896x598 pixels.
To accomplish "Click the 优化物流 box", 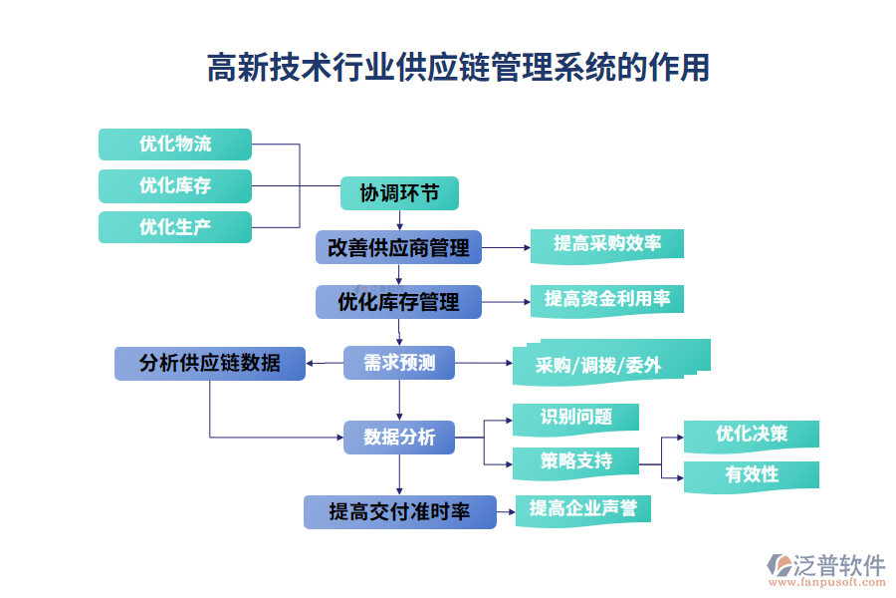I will (x=175, y=145).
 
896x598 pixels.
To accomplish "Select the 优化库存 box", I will (x=175, y=186).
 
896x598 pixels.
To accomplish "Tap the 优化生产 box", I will (x=175, y=227).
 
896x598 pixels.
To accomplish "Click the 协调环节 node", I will (x=399, y=193).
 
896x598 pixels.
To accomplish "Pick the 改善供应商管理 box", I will (x=398, y=248).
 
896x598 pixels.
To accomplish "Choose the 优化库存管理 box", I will (x=398, y=302).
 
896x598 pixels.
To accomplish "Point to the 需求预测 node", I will (x=399, y=363).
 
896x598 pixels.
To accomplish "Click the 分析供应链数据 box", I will (x=210, y=363).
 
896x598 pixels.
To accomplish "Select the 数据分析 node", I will (x=399, y=438).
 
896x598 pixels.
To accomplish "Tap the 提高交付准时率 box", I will (x=399, y=512).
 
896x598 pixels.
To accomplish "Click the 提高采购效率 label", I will (x=607, y=245).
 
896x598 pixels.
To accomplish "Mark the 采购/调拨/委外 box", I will (x=605, y=365).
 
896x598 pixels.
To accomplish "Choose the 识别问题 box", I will (x=575, y=420).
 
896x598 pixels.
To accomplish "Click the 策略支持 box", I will (x=575, y=462).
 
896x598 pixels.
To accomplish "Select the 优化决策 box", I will (x=752, y=436).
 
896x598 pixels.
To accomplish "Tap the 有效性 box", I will (x=752, y=475).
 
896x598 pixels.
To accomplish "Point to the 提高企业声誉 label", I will (x=583, y=510).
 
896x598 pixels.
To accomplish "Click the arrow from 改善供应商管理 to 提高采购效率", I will (x=505, y=247).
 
